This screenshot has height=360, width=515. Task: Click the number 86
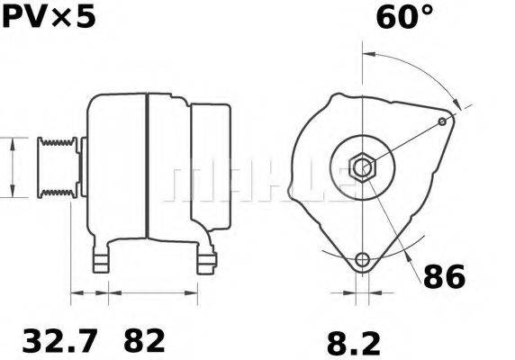tap(445, 276)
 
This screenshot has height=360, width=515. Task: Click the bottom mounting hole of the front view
tap(362, 261)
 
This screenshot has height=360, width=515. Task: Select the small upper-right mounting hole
tap(442, 121)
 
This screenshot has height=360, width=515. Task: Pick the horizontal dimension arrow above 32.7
tap(89, 293)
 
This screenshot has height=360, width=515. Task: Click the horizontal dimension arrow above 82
tap(153, 293)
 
